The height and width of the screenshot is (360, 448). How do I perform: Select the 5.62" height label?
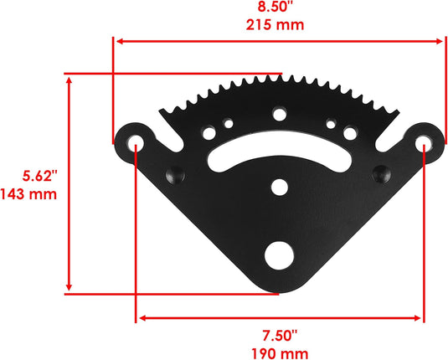coord(39,177)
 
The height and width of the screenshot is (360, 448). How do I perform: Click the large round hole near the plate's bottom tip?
coord(277,255)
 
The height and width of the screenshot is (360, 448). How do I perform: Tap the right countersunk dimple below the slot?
coord(382,172)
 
